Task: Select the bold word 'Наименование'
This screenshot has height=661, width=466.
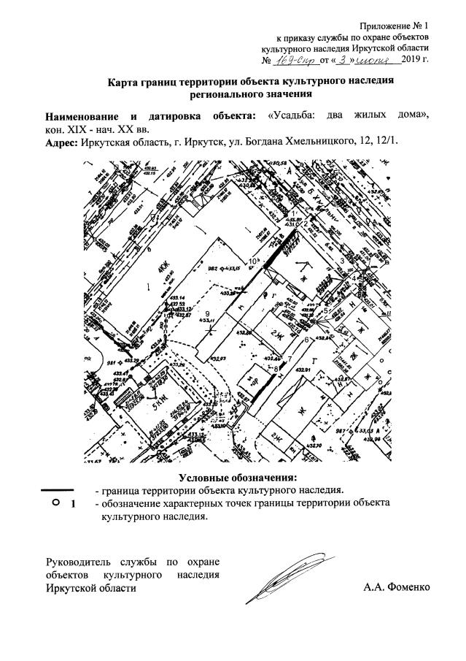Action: [87, 115]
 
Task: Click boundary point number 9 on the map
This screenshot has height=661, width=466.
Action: [209, 315]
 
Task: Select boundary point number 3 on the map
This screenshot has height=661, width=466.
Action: [341, 261]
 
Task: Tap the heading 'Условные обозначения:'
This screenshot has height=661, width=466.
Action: [233, 478]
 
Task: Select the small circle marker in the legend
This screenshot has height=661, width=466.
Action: [56, 503]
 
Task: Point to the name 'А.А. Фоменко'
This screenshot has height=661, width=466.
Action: [396, 587]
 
